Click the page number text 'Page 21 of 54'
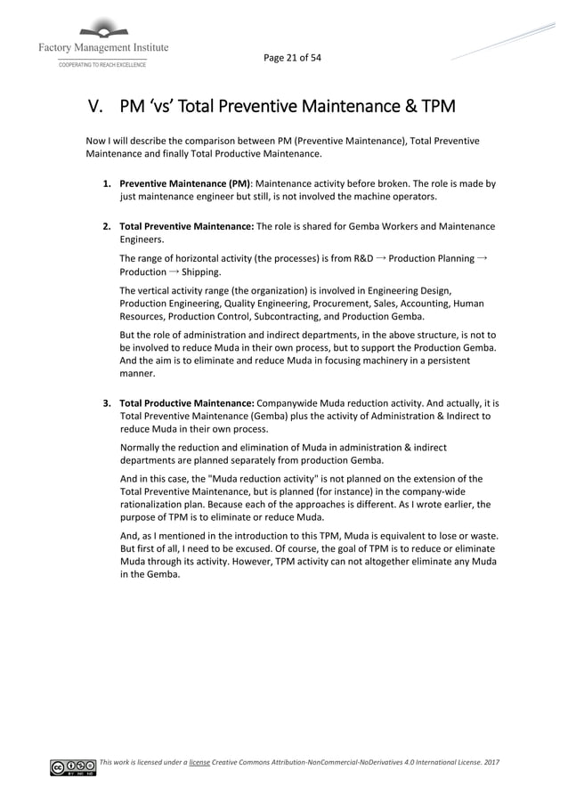(292, 58)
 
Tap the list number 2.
(107, 226)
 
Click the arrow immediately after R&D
(381, 258)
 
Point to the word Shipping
(202, 272)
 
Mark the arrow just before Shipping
(174, 272)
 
